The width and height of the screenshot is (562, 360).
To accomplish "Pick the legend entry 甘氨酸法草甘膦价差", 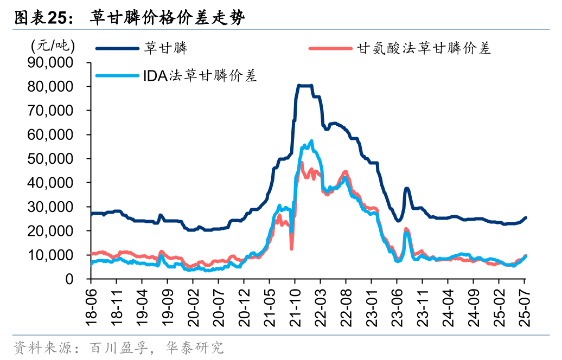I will click(424, 48).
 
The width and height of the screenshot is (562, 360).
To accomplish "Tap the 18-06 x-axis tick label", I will click(91, 306).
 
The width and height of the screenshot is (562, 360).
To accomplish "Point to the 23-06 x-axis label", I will click(397, 306).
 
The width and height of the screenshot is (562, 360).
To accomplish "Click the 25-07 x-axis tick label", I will click(524, 306).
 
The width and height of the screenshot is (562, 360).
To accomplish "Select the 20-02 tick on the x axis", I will click(193, 306).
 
